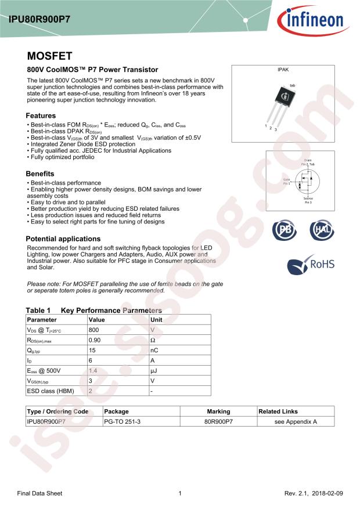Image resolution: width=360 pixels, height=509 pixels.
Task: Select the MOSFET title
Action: (49, 56)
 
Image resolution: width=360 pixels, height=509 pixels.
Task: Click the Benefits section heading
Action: (40, 174)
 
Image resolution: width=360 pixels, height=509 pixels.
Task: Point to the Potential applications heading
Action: (63, 239)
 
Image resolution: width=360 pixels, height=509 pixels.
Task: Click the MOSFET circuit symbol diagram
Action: (306, 182)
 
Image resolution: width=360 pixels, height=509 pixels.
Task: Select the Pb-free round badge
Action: (285, 230)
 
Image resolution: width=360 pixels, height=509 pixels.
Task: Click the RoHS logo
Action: (312, 265)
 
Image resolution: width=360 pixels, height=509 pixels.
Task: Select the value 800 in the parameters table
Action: (94, 330)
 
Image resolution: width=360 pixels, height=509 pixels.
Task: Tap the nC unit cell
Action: (154, 351)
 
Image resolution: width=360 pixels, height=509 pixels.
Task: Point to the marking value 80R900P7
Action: (218, 422)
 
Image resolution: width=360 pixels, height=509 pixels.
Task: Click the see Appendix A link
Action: (296, 422)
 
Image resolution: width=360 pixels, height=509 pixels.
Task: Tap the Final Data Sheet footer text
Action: (39, 493)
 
